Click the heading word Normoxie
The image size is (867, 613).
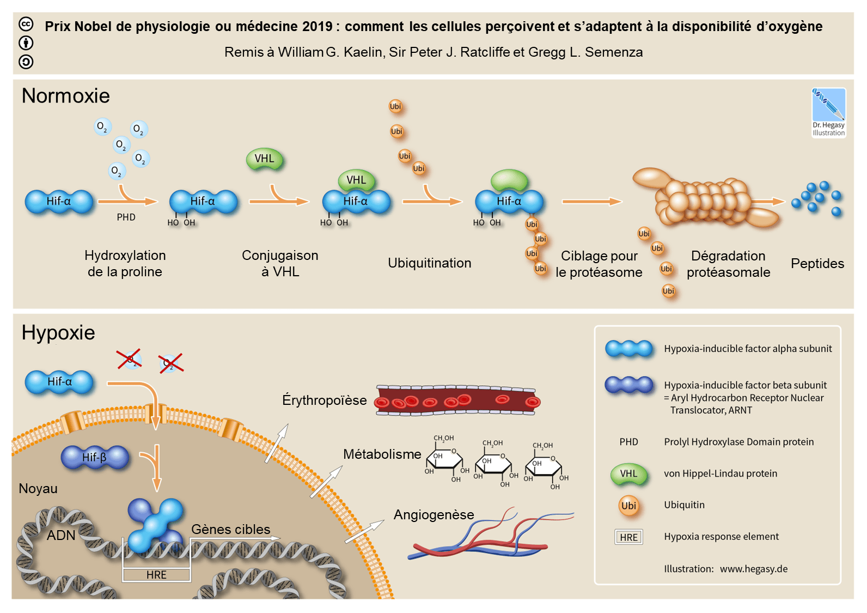click(x=65, y=96)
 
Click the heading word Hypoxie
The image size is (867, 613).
click(x=58, y=332)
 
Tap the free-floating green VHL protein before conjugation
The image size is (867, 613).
click(x=265, y=159)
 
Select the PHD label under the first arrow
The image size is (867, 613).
click(x=126, y=217)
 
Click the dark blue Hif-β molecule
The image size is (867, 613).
click(x=95, y=457)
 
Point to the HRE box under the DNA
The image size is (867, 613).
click(x=156, y=575)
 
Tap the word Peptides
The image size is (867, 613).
click(x=817, y=264)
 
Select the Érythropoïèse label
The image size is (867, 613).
click(x=325, y=400)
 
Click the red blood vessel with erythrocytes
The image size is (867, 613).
click(x=457, y=401)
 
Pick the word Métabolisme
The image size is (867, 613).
click(x=382, y=454)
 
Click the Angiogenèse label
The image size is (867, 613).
click(x=433, y=515)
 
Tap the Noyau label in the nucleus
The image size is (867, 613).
click(x=38, y=489)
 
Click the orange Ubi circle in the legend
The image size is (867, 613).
click(x=628, y=506)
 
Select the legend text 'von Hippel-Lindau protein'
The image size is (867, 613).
click(x=720, y=474)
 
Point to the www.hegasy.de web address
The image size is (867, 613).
click(x=753, y=569)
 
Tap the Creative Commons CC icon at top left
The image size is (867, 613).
click(x=26, y=25)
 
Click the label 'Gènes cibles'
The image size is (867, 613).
click(x=230, y=530)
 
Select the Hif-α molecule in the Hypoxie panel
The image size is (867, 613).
click(x=59, y=382)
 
